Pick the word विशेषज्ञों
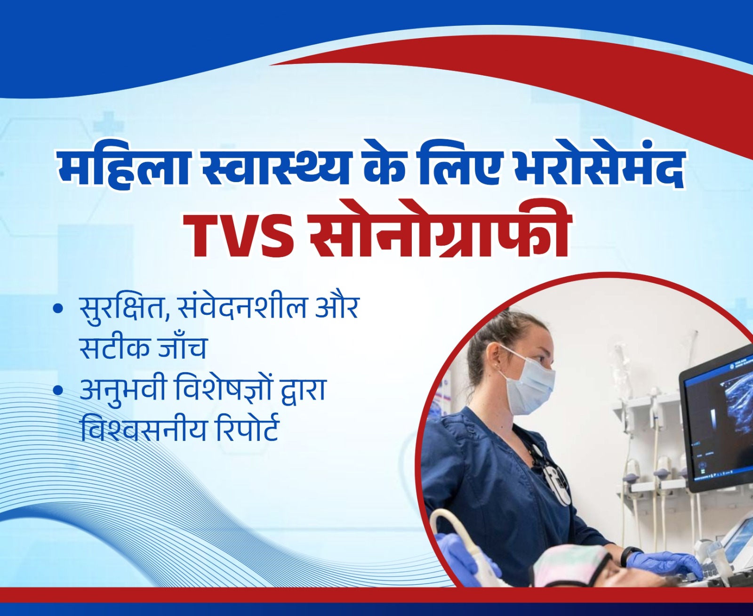(x=230, y=390)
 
